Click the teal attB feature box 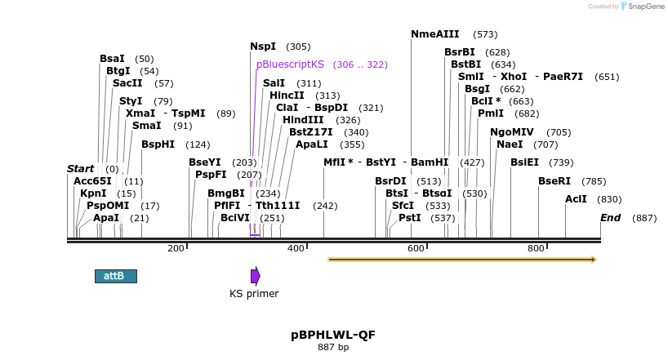click(x=115, y=276)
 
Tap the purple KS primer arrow click(x=255, y=276)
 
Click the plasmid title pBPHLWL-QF click(x=333, y=335)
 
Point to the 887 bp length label click(x=333, y=348)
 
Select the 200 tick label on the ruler click(x=176, y=248)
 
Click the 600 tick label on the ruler click(x=416, y=248)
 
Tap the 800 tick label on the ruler click(x=536, y=248)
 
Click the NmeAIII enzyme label click(x=435, y=34)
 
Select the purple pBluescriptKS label click(x=290, y=64)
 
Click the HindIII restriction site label click(x=303, y=120)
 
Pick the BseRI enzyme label click(x=554, y=181)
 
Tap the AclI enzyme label click(x=576, y=199)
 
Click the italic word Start click(x=81, y=169)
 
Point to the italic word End click(x=611, y=218)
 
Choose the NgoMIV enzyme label click(x=512, y=132)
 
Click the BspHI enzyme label click(x=158, y=144)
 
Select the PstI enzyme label click(x=410, y=218)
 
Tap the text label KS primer click(x=254, y=294)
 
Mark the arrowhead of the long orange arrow click(x=594, y=260)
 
